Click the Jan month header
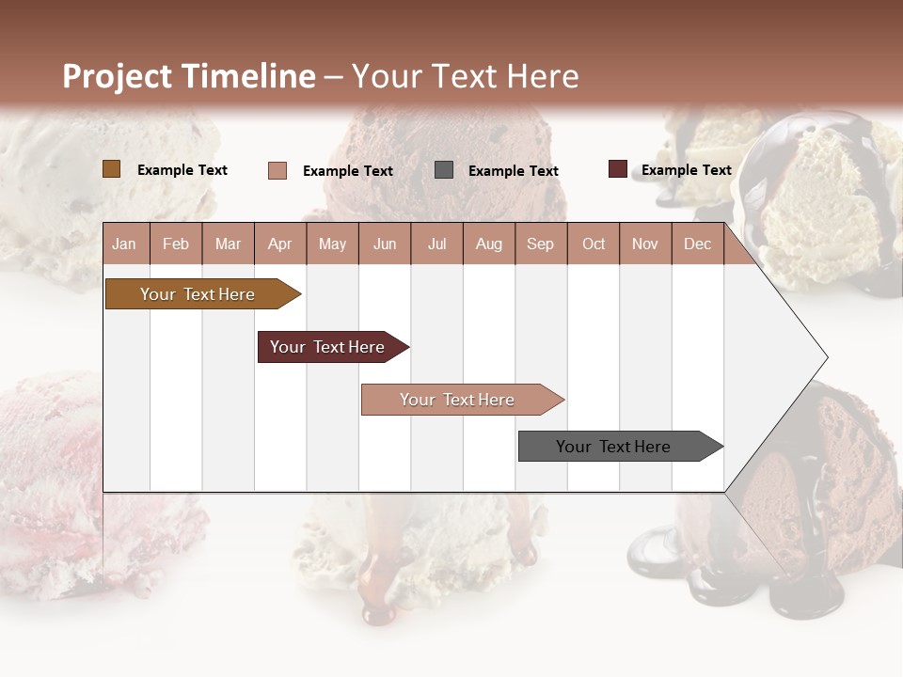[124, 244]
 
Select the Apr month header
[280, 244]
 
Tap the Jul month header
[436, 244]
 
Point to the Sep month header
[540, 244]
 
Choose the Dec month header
[697, 244]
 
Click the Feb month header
[176, 244]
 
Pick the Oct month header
[594, 244]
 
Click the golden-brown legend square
[112, 169]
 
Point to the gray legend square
[444, 170]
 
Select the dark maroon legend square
[617, 169]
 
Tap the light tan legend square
[277, 170]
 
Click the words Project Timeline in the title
[189, 76]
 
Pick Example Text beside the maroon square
[686, 170]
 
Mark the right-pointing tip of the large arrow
[825, 357]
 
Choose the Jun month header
[385, 244]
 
